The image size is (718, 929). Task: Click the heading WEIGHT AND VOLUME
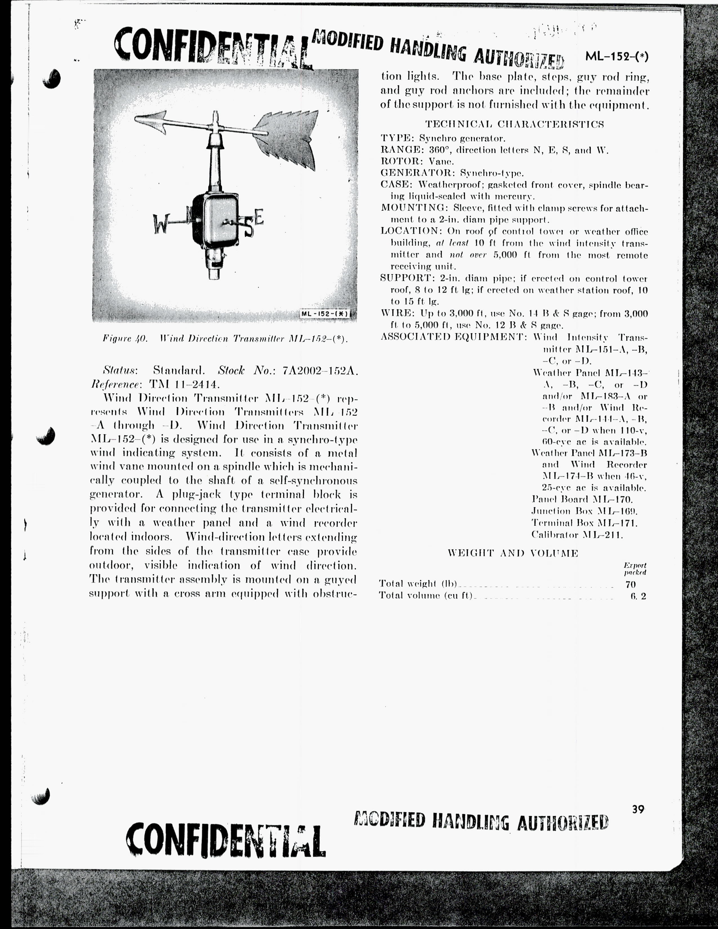pos(513,553)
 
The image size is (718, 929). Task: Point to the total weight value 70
pos(630,584)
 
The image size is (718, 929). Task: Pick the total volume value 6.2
pos(638,596)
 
